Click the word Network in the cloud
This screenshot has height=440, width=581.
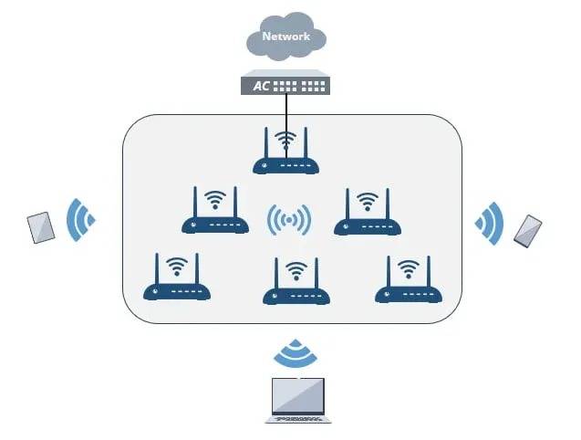[x=286, y=37]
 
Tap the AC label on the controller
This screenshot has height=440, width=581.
[x=261, y=86]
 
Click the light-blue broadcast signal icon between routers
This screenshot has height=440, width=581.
[x=289, y=220]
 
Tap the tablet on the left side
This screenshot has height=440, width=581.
[x=41, y=228]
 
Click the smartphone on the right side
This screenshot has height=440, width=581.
[x=527, y=231]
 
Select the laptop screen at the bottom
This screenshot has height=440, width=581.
[x=298, y=396]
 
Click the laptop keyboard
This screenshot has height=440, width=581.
[x=298, y=419]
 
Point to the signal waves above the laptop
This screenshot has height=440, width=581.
[x=296, y=353]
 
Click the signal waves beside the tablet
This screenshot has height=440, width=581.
[x=80, y=220]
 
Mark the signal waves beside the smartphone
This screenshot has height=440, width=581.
[x=489, y=224]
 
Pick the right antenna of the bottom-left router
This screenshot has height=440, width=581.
[x=197, y=269]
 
